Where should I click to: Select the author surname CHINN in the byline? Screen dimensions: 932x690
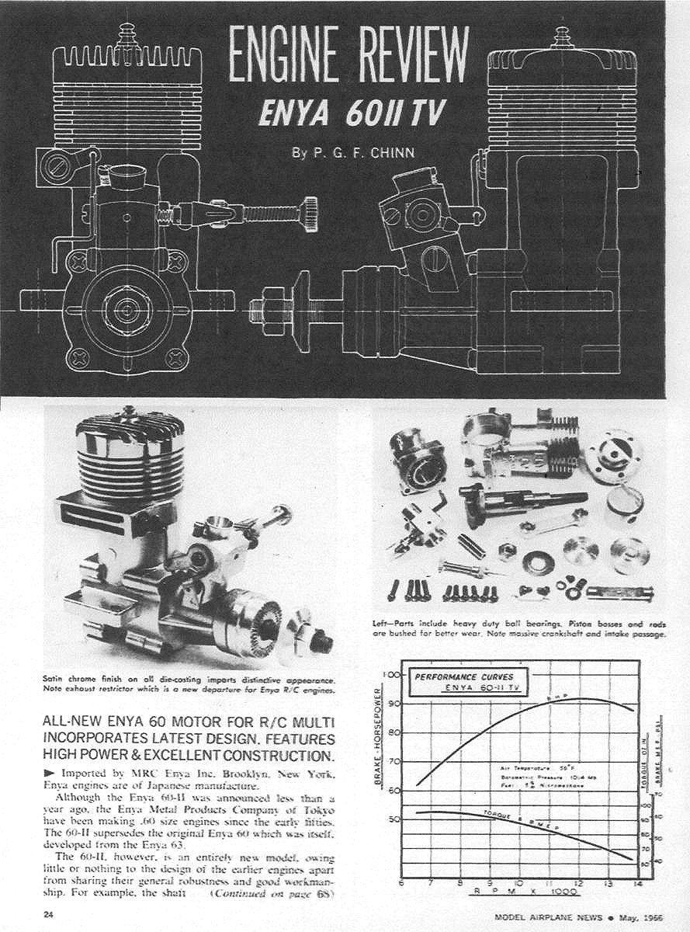393,152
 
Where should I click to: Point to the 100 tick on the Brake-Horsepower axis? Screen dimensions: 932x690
393,674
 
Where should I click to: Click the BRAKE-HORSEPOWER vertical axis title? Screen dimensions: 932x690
380,738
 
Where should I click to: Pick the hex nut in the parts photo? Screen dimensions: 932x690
503,553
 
